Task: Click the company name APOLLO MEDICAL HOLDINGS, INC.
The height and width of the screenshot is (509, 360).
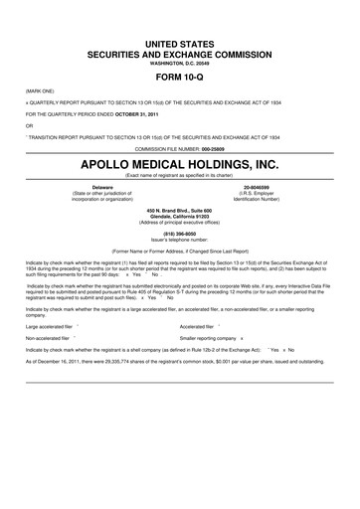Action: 180,161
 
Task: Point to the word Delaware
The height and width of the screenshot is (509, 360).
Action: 102,186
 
